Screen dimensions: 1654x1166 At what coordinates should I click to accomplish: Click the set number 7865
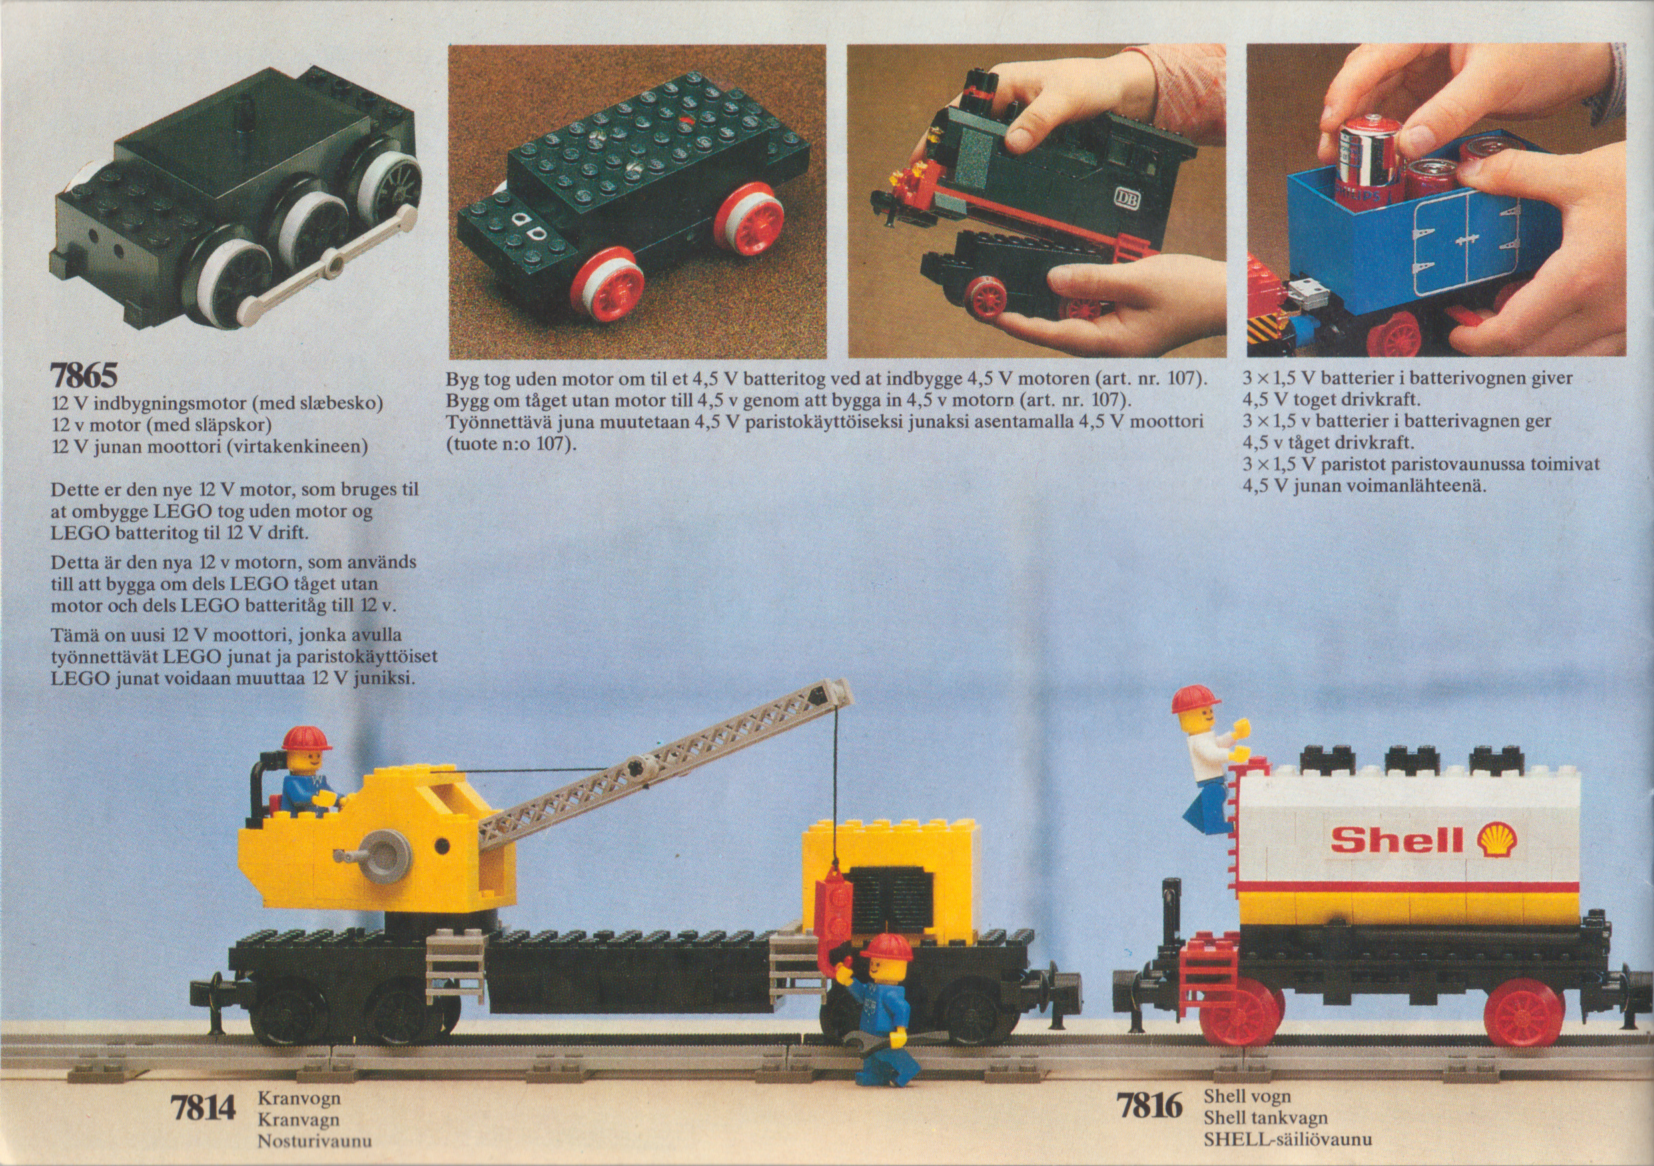(x=83, y=376)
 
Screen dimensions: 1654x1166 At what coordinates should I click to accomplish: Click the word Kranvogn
(x=299, y=1099)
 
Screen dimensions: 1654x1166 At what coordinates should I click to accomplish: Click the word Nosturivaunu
(x=314, y=1141)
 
